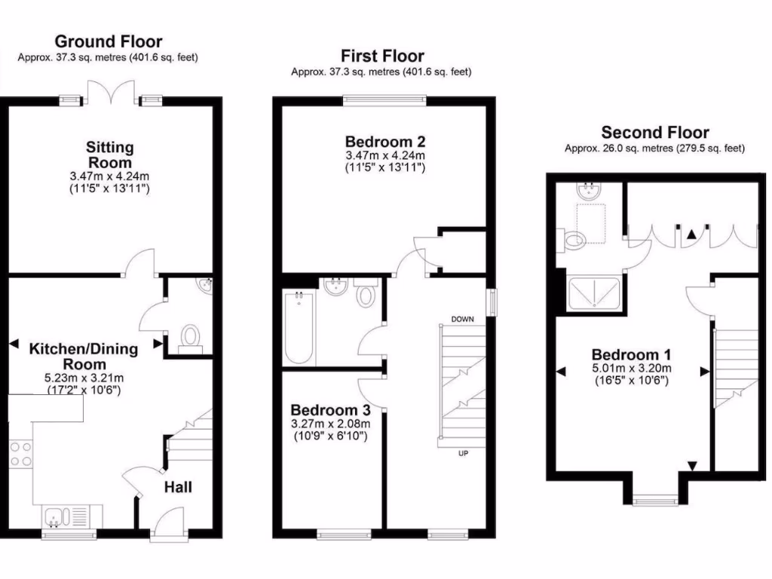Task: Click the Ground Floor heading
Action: point(108,41)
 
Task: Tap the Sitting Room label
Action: point(109,155)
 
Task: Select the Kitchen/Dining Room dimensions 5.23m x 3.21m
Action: point(83,378)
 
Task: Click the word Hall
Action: point(178,488)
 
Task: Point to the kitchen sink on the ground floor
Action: point(56,517)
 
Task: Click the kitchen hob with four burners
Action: point(21,455)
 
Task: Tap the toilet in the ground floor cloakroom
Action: point(191,336)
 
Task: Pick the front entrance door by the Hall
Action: point(167,524)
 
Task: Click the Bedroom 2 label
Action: point(384,142)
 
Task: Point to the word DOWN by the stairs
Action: point(462,319)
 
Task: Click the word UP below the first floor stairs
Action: point(463,454)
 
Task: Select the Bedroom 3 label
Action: point(330,410)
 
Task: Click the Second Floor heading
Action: point(654,133)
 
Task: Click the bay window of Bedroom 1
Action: point(654,498)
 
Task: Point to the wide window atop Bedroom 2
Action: point(384,99)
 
